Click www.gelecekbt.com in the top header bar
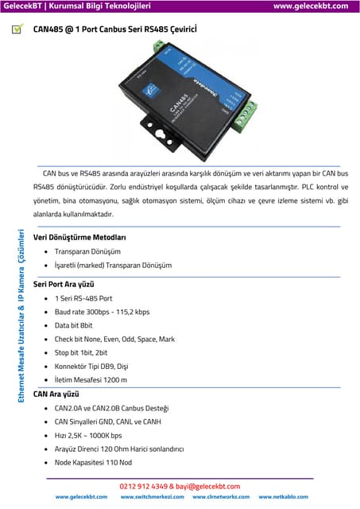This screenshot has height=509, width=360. pyautogui.click(x=311, y=6)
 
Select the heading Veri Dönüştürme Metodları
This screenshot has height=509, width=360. pyautogui.click(x=79, y=237)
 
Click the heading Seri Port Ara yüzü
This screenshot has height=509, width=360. pyautogui.click(x=64, y=284)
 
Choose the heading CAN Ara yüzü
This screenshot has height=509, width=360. pyautogui.click(x=56, y=394)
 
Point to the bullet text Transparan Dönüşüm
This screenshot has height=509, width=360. pyautogui.click(x=87, y=251)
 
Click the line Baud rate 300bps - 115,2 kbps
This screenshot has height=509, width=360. pyautogui.click(x=102, y=312)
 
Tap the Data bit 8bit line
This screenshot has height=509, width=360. pyautogui.click(x=73, y=325)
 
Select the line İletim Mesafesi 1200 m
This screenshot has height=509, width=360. pyautogui.click(x=91, y=380)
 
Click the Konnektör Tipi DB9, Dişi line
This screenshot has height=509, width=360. pyautogui.click(x=91, y=367)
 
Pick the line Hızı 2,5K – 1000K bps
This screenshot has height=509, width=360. pyautogui.click(x=88, y=435)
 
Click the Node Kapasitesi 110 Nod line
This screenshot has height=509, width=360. pyautogui.click(x=93, y=462)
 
